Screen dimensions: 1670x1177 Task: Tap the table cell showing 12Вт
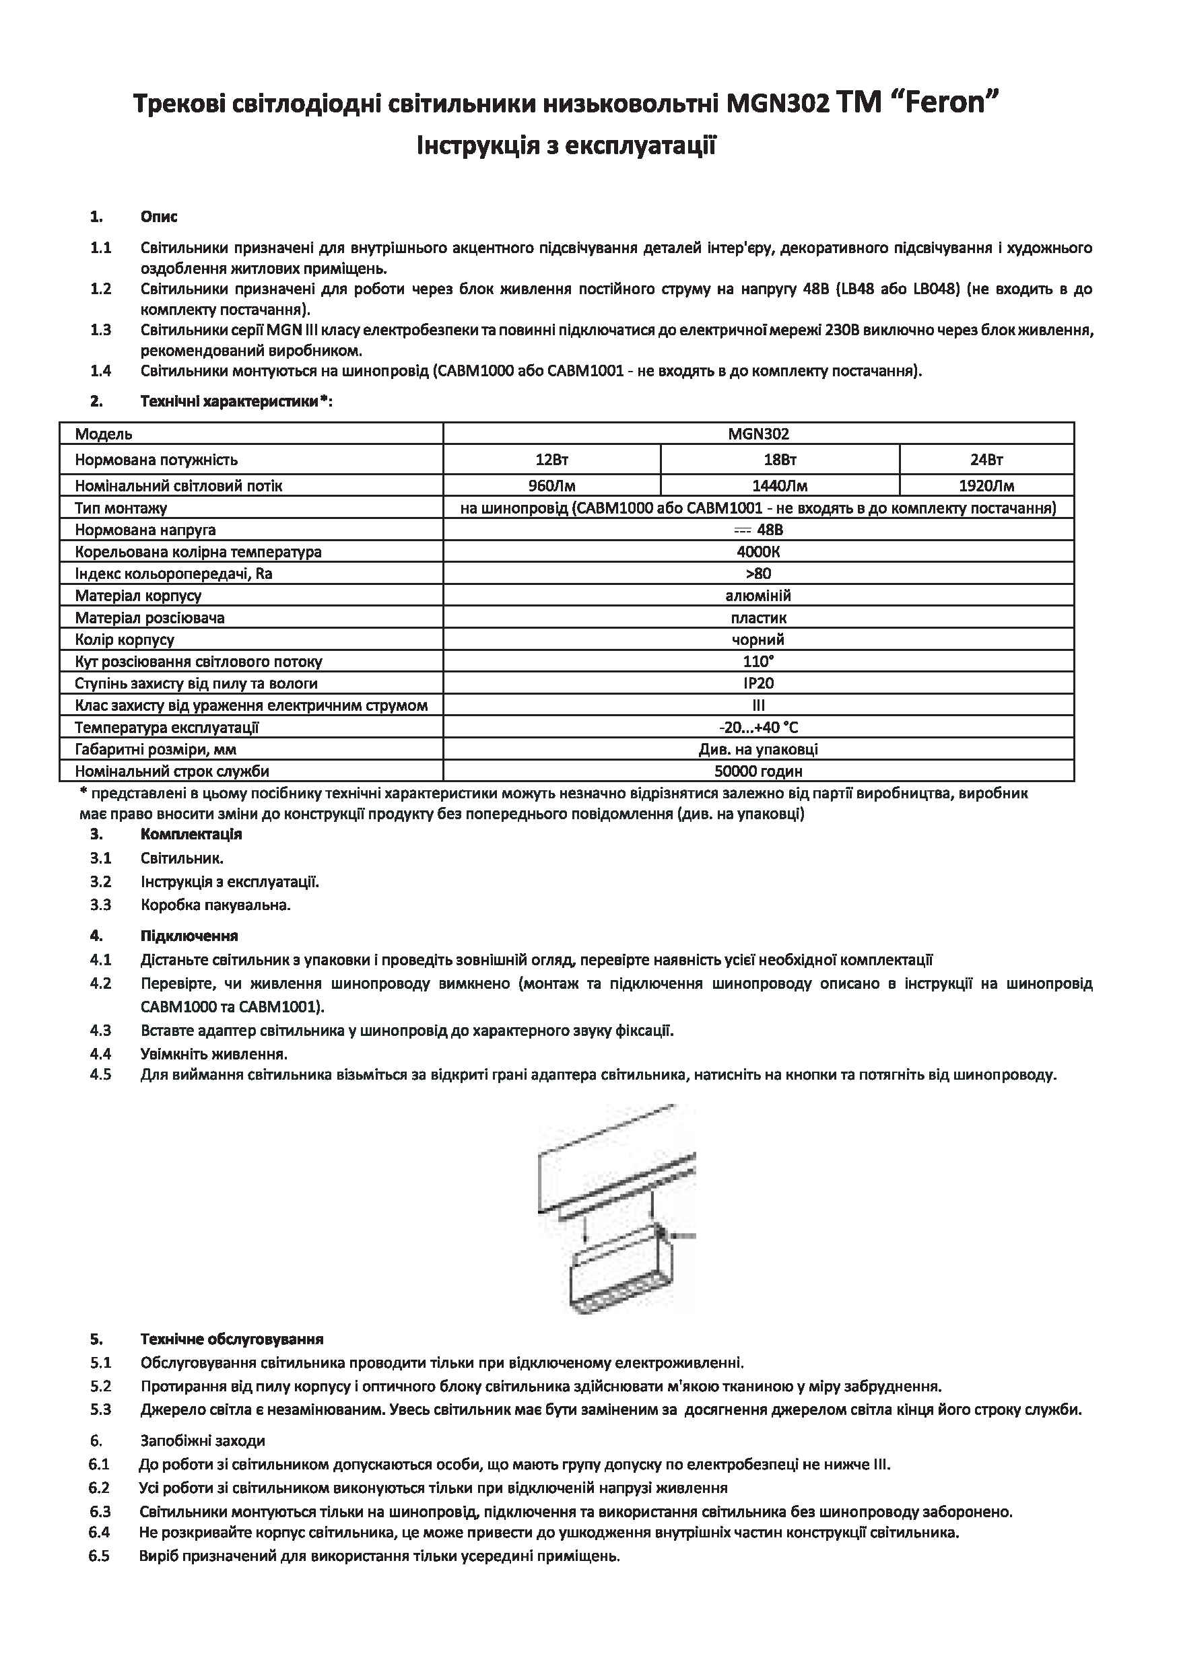[x=551, y=460]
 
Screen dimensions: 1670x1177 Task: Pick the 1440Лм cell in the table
[x=779, y=486]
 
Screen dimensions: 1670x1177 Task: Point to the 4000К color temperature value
[x=758, y=552]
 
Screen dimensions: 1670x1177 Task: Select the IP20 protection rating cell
[x=758, y=684]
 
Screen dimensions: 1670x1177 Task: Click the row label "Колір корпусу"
[x=125, y=640]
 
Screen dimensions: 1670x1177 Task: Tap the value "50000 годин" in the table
[x=758, y=771]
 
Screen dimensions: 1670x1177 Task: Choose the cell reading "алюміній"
[x=758, y=596]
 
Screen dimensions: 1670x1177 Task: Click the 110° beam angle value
[x=758, y=662]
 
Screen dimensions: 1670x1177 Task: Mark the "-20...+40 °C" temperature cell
[x=758, y=728]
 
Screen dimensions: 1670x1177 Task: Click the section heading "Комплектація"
[x=191, y=834]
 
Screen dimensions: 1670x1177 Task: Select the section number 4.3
[x=100, y=1031]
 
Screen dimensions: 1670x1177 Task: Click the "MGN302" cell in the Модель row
[x=758, y=434]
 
